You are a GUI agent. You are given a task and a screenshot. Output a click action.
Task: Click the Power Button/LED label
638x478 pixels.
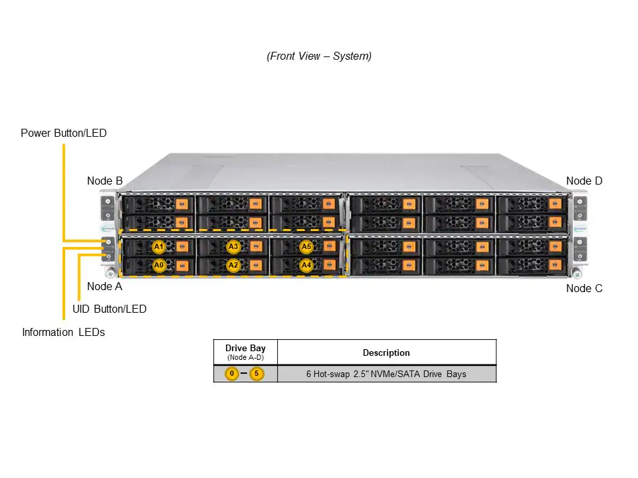(x=63, y=133)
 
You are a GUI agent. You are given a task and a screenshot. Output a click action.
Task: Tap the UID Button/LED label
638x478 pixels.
(x=109, y=309)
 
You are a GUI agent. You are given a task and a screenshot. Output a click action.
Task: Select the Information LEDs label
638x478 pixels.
(x=63, y=332)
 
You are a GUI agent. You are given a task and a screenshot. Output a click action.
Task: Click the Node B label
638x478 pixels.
(x=104, y=181)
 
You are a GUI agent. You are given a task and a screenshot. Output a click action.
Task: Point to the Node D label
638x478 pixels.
(x=584, y=181)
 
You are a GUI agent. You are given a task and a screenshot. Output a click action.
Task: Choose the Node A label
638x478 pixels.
(x=104, y=287)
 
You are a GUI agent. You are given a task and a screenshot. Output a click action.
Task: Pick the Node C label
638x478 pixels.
(x=584, y=288)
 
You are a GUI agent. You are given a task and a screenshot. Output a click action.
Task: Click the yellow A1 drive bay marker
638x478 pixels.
(x=158, y=247)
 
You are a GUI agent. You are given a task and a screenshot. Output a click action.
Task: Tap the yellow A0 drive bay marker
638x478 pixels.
(x=158, y=266)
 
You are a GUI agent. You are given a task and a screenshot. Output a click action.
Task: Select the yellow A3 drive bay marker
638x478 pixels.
(x=233, y=247)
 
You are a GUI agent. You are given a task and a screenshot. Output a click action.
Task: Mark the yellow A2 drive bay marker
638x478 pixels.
(x=233, y=266)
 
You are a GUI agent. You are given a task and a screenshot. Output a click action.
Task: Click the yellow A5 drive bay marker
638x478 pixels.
(x=306, y=247)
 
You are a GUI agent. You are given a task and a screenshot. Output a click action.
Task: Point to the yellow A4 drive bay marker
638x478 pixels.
(x=306, y=266)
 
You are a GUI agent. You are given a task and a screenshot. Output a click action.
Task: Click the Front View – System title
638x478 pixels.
(x=319, y=56)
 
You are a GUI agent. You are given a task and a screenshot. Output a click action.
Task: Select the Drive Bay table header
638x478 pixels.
(x=245, y=352)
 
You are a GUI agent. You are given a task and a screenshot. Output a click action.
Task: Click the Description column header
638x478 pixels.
(x=386, y=353)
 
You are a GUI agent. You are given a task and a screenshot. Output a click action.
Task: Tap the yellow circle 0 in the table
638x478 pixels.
(x=231, y=374)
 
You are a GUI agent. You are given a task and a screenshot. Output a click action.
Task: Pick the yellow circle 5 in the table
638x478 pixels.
(x=257, y=374)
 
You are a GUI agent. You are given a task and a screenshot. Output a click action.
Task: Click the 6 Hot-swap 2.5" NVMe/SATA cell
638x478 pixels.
(x=386, y=374)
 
